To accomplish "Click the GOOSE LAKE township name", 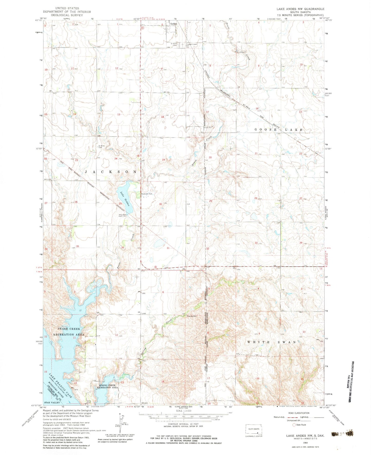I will tap(279, 130).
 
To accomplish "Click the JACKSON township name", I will tap(111, 171).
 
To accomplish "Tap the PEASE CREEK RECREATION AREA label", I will tap(69, 331).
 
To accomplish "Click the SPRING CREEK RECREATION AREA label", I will tap(108, 386).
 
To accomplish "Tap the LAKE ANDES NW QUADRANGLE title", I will tap(300, 9).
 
